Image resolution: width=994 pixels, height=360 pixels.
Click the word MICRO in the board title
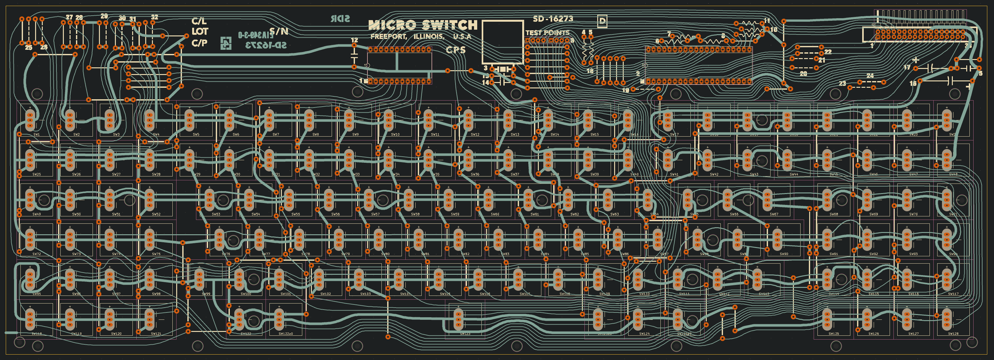[x=392, y=26]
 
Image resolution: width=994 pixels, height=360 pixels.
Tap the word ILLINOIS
[x=429, y=37]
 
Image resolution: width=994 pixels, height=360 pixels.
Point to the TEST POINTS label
[x=547, y=33]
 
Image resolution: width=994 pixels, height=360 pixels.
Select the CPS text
[x=456, y=50]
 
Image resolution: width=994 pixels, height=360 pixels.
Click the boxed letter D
[x=602, y=20]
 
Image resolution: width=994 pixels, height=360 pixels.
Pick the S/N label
[x=279, y=31]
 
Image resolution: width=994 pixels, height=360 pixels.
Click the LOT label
[x=200, y=31]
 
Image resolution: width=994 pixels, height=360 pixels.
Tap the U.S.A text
[x=462, y=37]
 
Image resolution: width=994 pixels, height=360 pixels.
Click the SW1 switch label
[x=37, y=134]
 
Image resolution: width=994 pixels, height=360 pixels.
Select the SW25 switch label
[x=37, y=174]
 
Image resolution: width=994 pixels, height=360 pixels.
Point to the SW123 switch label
[x=465, y=334]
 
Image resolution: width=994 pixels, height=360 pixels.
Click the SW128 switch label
[x=953, y=334]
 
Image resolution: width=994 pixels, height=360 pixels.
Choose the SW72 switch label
[x=37, y=254]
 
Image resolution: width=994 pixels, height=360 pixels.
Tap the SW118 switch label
[x=37, y=334]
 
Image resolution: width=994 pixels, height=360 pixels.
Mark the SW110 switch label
[x=644, y=294]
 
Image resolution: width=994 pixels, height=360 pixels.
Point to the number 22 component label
[x=828, y=52]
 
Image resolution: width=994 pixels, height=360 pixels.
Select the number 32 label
[x=154, y=17]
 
